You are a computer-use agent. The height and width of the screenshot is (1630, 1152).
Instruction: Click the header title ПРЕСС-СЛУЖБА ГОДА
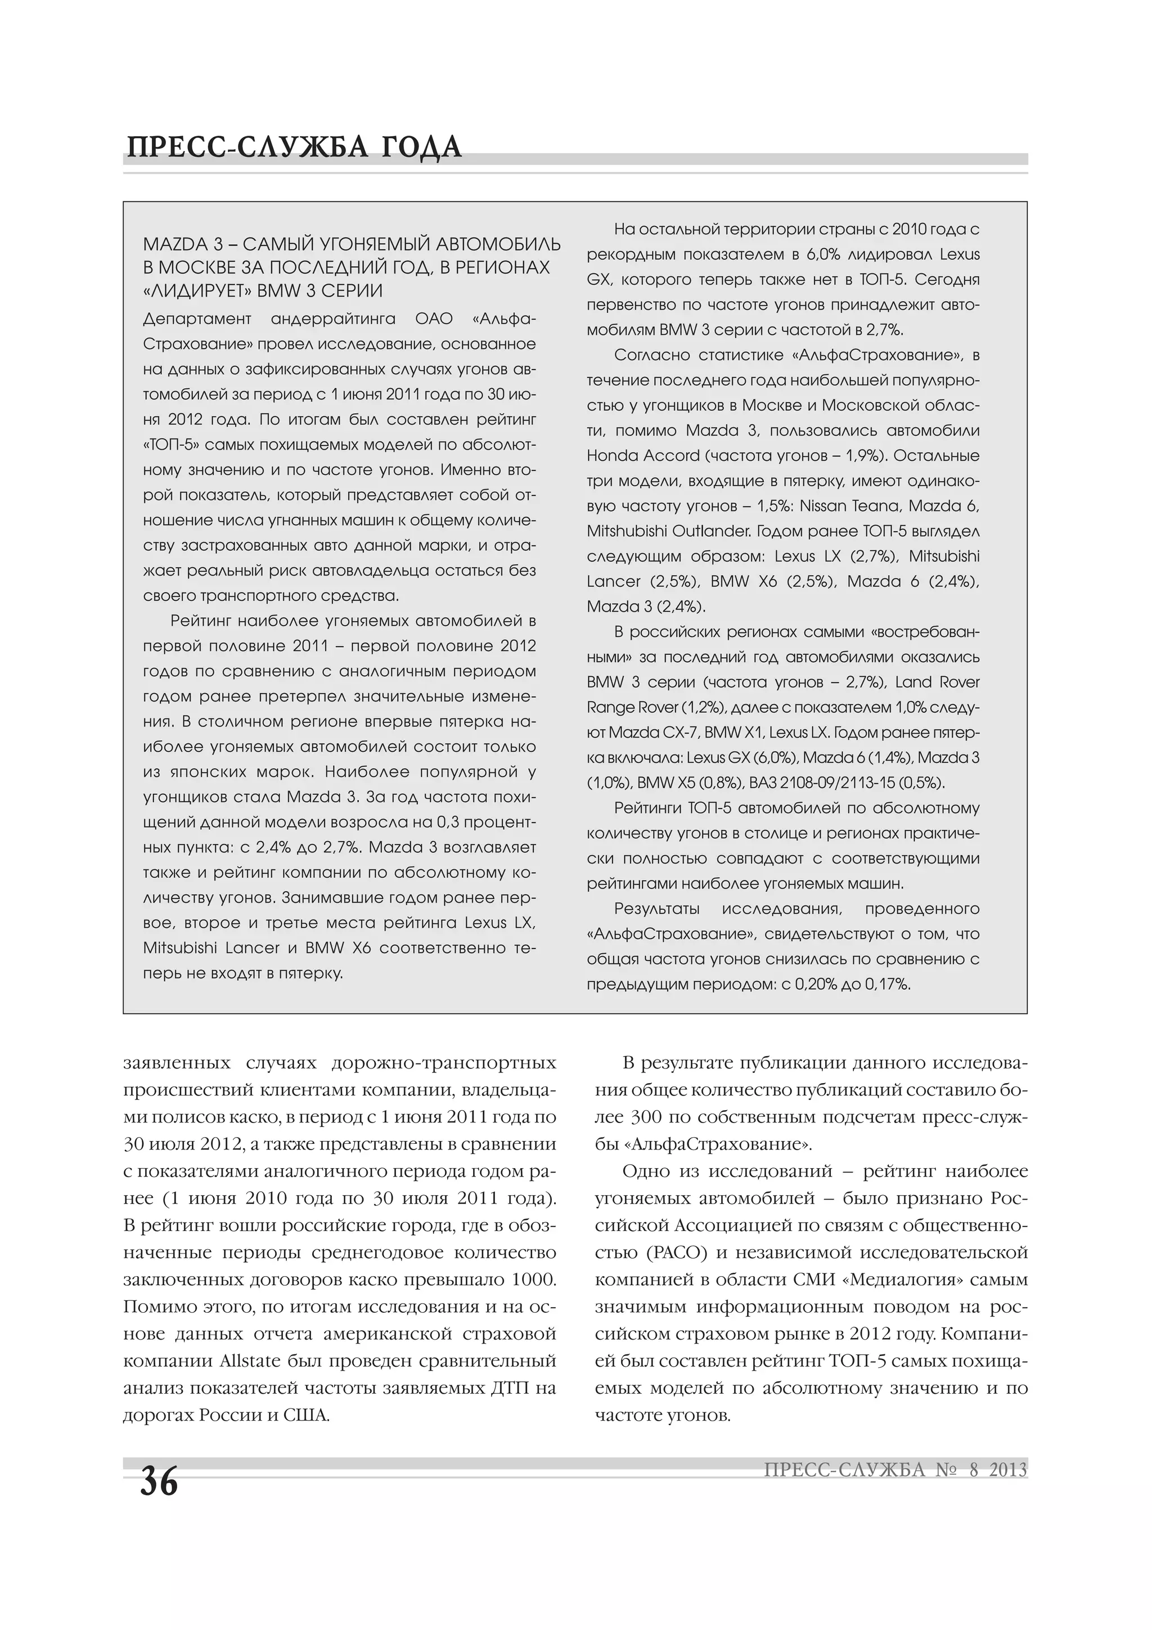[293, 147]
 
